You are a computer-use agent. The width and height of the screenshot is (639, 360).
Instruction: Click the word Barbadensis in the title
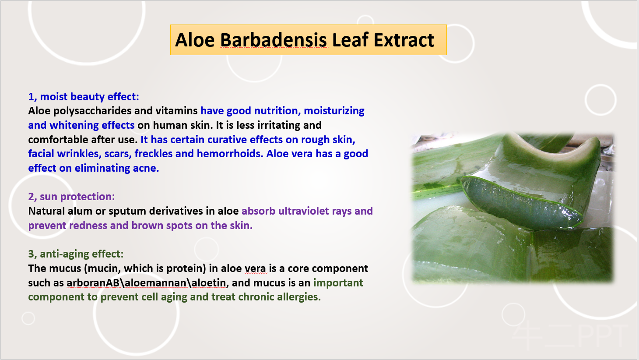(274, 40)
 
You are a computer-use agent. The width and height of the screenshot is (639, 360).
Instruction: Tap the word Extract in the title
(404, 40)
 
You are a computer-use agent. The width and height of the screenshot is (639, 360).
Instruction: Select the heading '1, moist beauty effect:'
(84, 97)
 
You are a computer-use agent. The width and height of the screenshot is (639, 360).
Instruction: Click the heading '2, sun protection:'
(72, 197)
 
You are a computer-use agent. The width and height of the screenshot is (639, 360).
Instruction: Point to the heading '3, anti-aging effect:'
(76, 254)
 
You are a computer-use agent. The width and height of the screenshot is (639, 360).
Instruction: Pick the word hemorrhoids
(229, 154)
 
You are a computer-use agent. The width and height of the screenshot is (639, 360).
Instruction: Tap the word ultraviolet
(304, 211)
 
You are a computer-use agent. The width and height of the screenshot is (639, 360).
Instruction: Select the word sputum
(127, 212)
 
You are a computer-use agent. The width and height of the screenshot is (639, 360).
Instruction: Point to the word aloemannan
(156, 282)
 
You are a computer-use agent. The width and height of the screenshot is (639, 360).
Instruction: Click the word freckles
(154, 154)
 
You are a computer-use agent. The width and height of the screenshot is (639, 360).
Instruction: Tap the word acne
(146, 169)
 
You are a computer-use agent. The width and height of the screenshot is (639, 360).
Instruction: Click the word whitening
(74, 126)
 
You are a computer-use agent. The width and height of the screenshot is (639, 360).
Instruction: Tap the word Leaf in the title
(350, 40)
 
